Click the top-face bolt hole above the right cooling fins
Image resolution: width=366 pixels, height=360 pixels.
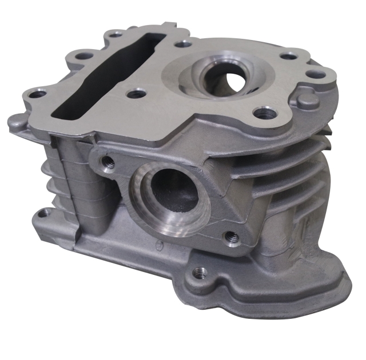pos(263,113)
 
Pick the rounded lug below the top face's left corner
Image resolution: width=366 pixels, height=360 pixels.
pos(17,122)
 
